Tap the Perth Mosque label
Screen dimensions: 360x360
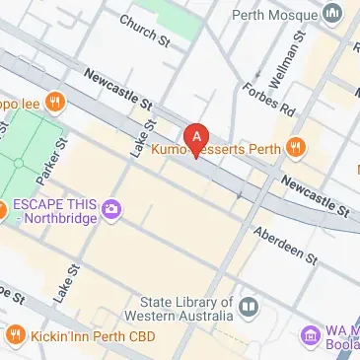pos(275,15)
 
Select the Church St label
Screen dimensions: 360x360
pos(145,29)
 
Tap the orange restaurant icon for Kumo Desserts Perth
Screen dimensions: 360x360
pos(295,149)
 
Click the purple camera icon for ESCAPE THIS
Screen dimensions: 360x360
pos(111,208)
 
